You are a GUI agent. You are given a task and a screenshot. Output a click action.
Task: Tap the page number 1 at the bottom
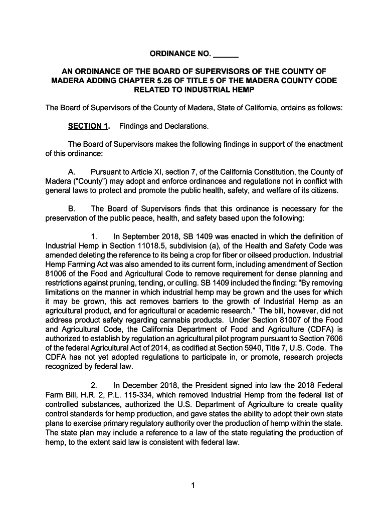click(x=193, y=485)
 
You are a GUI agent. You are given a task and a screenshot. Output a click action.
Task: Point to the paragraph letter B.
click(x=72, y=208)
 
